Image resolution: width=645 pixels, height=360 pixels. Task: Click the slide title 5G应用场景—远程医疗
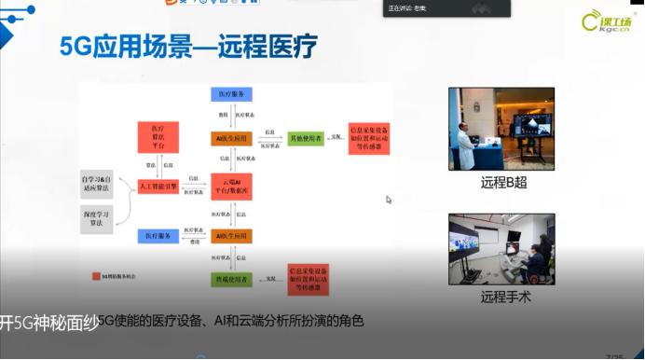coord(189,46)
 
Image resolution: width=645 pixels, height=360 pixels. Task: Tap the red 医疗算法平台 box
coord(158,134)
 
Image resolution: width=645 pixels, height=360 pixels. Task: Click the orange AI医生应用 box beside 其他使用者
coord(232,138)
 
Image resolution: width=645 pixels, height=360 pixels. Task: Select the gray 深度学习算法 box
coord(103,220)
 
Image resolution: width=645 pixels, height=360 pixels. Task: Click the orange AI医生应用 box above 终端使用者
coord(232,235)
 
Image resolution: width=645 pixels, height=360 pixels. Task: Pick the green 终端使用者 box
coord(232,280)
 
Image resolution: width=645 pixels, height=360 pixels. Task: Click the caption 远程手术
coord(504,298)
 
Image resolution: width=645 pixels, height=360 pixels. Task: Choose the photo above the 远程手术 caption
coord(504,249)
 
